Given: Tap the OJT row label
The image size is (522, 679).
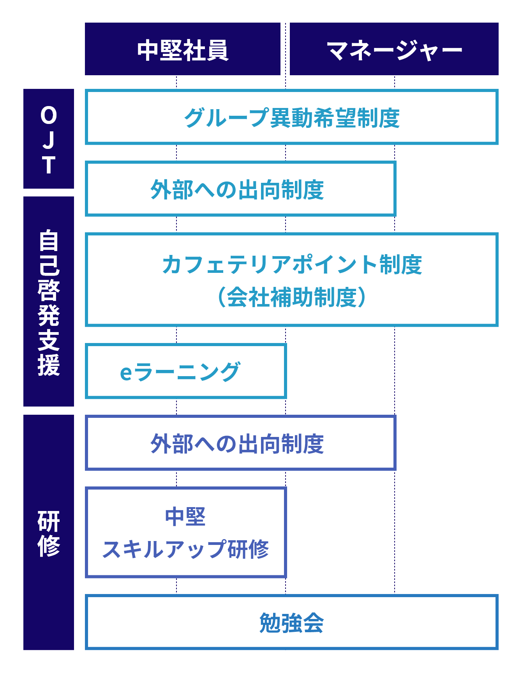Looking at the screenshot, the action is point(49,139).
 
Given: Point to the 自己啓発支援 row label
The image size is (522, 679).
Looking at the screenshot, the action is point(49,301).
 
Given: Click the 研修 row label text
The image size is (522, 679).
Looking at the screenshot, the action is point(49,533).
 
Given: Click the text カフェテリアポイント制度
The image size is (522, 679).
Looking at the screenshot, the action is point(292,264).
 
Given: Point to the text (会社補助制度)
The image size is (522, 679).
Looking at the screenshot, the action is point(292,297).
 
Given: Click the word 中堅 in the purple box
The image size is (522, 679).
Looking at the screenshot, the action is point(185,516).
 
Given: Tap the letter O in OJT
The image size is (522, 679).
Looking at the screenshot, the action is point(49,116).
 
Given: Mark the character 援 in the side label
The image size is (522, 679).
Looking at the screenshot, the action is point(49,365).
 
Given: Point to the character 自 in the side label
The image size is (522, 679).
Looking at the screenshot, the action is point(49,240).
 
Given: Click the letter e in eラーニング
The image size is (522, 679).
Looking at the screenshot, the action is point(126,373).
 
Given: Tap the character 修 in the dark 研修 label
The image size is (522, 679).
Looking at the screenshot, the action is point(49,546).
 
